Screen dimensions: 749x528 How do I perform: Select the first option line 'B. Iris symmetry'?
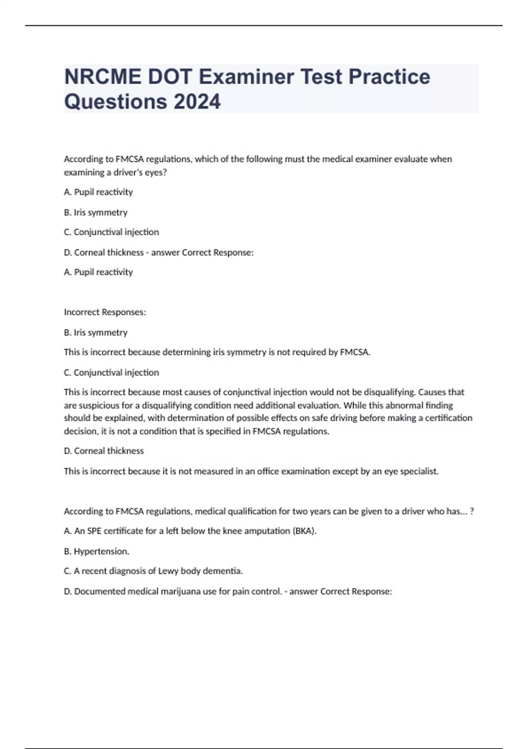pyautogui.click(x=95, y=212)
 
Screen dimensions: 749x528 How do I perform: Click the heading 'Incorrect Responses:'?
pyautogui.click(x=105, y=312)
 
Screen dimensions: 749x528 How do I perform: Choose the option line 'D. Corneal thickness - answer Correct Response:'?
pyautogui.click(x=158, y=252)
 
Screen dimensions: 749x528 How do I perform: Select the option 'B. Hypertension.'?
pyautogui.click(x=96, y=551)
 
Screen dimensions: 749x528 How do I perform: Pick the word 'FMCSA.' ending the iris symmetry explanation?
pyautogui.click(x=355, y=352)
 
